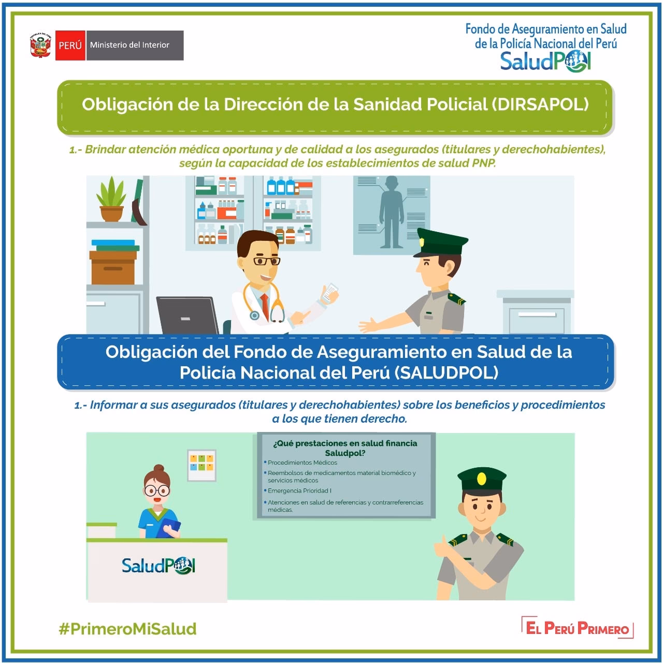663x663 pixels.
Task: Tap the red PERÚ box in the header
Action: [70, 45]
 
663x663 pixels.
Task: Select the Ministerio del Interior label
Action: [129, 45]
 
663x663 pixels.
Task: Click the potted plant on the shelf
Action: [111, 199]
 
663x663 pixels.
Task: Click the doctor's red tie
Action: [265, 306]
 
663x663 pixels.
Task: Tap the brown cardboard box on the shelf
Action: [113, 267]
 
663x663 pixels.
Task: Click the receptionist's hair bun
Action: [158, 469]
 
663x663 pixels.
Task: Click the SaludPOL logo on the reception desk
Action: [158, 565]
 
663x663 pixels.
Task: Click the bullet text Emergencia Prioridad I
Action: [299, 491]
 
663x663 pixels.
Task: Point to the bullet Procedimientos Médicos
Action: [302, 463]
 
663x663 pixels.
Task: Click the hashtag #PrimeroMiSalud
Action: [128, 629]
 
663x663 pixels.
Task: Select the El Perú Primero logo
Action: [578, 628]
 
